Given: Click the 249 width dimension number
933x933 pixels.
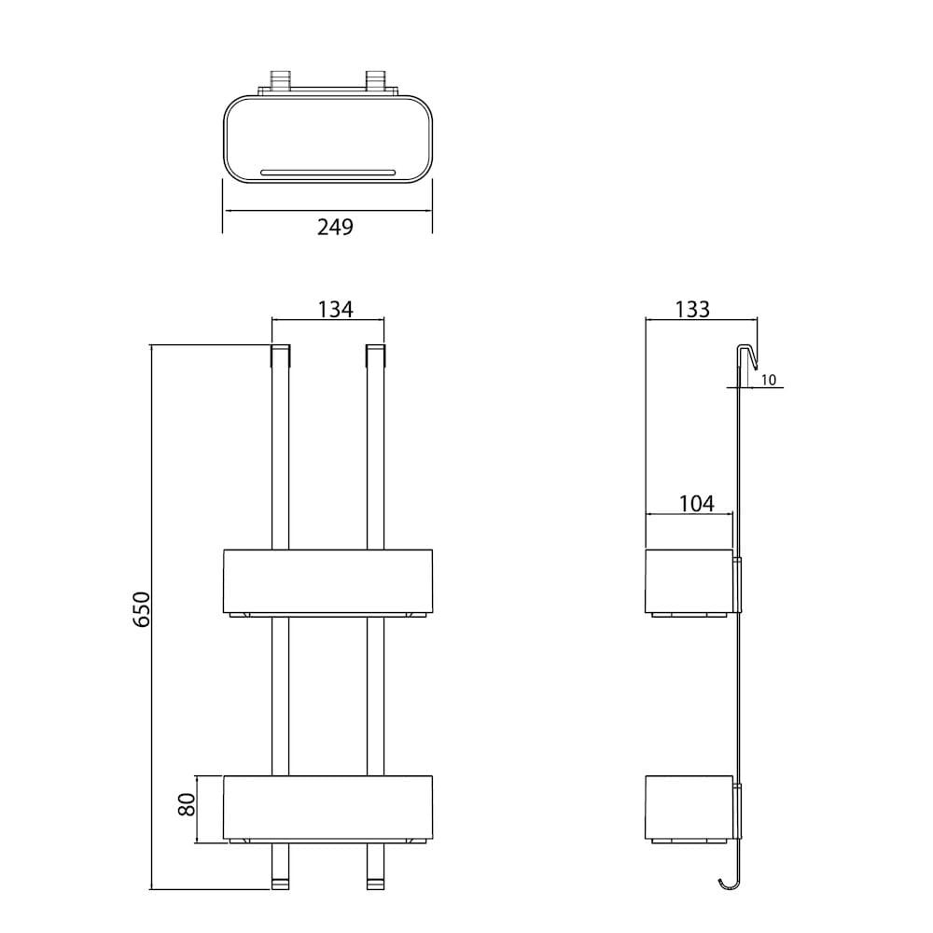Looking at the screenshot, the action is [335, 227].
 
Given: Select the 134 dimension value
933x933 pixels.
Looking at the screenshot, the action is [335, 310].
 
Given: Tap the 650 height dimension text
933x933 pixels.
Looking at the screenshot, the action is [142, 608].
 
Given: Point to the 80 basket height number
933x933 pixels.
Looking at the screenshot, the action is [187, 805].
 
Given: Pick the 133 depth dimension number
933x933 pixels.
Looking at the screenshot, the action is [692, 310].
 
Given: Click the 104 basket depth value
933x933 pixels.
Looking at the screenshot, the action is [697, 504].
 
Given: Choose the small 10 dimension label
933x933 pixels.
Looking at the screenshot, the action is [769, 380].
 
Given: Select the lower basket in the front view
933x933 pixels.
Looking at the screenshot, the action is [327, 809].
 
